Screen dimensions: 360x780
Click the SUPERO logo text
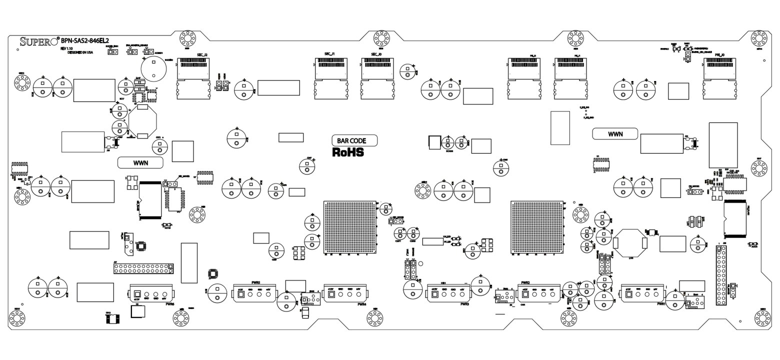39,41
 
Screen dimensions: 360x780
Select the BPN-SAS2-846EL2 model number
85,41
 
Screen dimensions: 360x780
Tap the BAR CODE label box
354,141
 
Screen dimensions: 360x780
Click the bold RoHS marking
348,152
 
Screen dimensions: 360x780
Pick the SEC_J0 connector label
376,54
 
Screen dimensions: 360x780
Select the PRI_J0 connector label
719,54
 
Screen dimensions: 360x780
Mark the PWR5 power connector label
255,282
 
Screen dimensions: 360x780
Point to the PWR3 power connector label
464,304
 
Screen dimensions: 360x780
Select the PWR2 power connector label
525,282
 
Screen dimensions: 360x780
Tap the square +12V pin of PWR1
628,294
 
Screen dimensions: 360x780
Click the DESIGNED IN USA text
80,52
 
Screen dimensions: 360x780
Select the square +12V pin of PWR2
525,295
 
